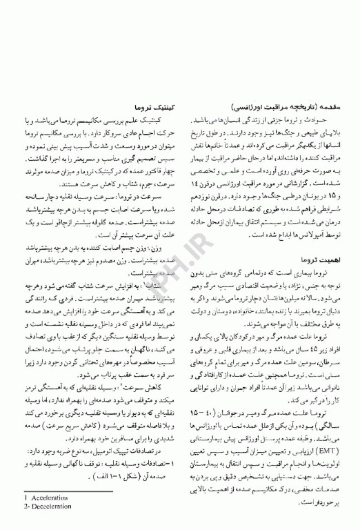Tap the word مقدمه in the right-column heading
tap(329, 108)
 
